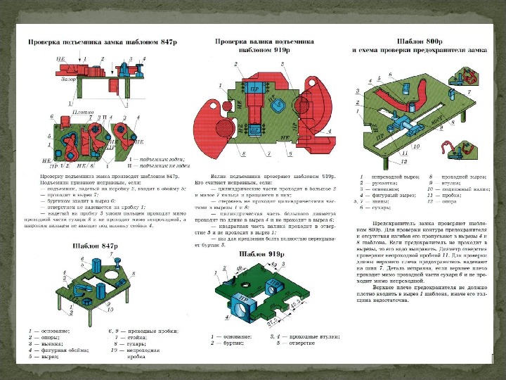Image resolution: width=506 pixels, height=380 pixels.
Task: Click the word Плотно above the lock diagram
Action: tap(84, 112)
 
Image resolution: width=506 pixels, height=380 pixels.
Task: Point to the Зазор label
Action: tap(67, 80)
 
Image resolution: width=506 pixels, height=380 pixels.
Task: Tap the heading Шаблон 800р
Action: tap(420, 40)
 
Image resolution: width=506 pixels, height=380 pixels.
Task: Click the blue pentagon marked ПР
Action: tap(278, 106)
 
